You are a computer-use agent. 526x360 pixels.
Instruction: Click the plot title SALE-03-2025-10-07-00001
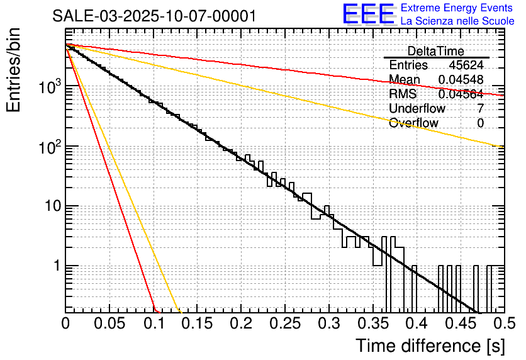154,16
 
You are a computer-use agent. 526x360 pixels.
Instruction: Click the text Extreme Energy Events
457,8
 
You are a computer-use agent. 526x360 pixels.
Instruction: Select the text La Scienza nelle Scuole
457,21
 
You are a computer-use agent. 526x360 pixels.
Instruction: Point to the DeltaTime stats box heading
436,51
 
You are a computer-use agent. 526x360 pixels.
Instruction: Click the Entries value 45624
466,65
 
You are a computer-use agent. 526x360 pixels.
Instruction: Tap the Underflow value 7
481,108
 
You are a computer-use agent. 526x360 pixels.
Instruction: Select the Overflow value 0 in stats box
481,123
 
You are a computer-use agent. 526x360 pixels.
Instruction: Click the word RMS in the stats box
403,94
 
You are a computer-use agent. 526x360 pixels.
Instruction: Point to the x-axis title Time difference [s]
430,346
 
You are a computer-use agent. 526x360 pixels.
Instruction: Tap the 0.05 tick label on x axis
109,323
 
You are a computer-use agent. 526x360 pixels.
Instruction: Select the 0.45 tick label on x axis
459,323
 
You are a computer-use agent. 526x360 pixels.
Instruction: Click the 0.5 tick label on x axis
503,323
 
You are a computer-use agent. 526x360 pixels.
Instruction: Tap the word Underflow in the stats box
417,108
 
